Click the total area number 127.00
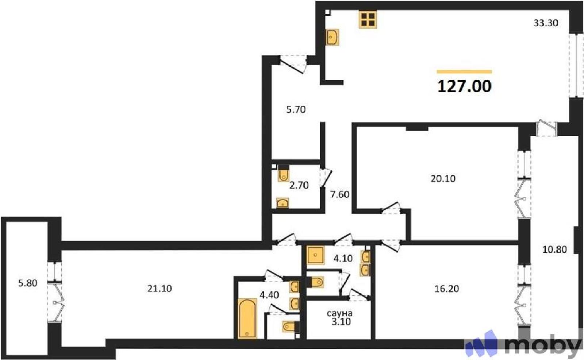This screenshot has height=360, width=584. [464, 86]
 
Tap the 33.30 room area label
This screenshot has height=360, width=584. [546, 23]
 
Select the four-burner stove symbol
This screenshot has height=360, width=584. [368, 20]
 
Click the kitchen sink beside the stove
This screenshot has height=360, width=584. [332, 37]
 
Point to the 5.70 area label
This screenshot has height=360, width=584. [296, 110]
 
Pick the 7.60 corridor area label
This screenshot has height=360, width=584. [340, 194]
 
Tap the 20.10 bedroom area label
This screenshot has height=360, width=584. [443, 178]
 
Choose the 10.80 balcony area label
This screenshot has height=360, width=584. [554, 249]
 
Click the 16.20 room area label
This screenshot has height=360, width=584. [447, 289]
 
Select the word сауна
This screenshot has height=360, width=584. [340, 313]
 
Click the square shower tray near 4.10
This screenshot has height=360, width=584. [315, 255]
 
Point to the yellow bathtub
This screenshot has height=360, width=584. [247, 318]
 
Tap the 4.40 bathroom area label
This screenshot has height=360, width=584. [269, 295]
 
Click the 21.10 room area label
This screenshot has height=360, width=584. [160, 289]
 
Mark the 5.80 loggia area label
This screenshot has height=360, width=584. [28, 283]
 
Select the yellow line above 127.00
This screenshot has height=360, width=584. [464, 71]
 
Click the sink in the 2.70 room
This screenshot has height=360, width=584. [283, 203]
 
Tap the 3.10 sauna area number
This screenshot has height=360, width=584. [341, 322]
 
